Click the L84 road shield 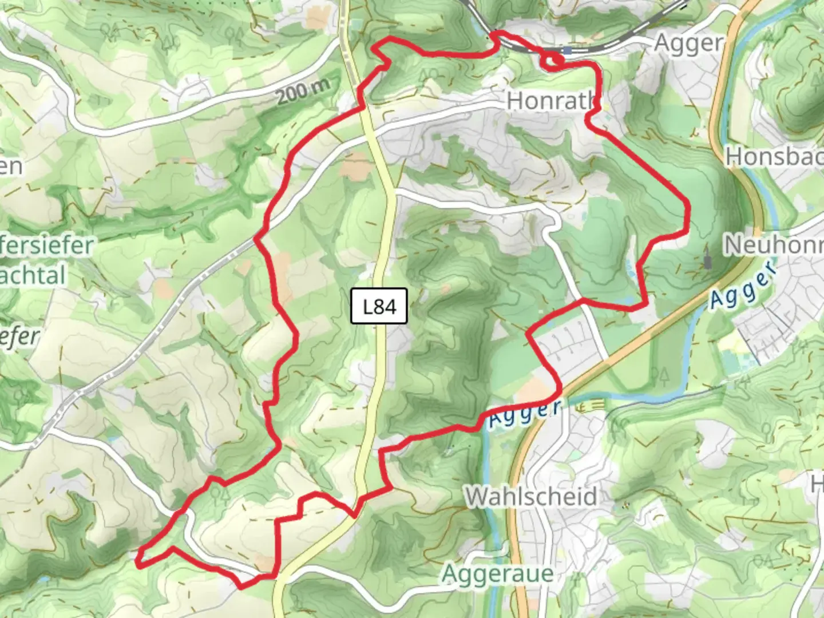tap(379, 307)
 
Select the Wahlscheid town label tap(531, 497)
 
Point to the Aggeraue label tap(498, 573)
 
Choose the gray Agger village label tap(688, 43)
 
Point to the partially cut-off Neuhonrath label tap(773, 245)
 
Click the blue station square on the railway tap(566, 51)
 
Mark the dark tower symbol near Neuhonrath tap(709, 262)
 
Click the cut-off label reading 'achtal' tap(33, 275)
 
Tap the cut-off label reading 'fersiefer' tap(47, 245)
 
